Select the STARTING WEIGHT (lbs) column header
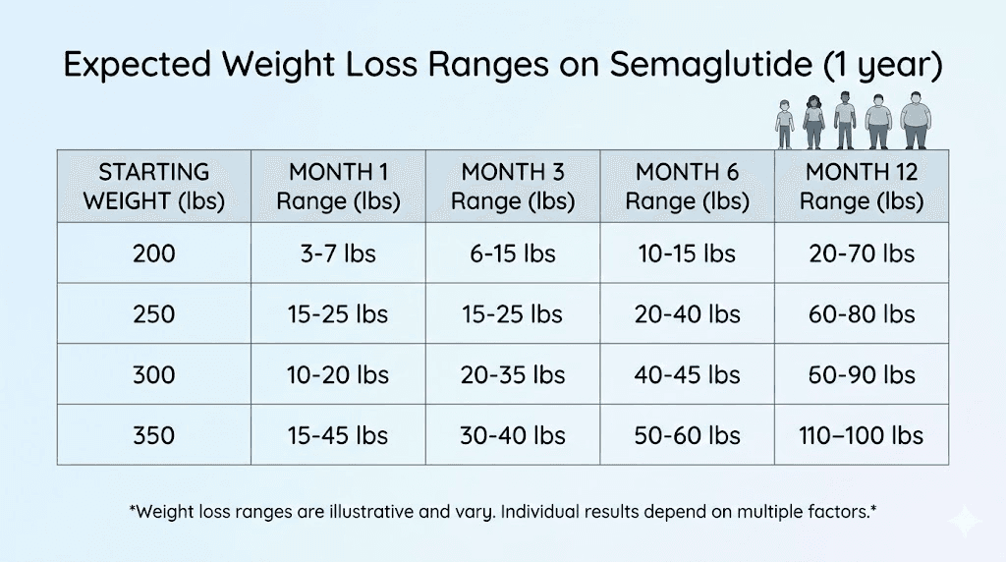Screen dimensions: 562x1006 click(154, 187)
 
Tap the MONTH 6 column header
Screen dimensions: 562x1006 click(687, 187)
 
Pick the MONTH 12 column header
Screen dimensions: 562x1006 click(862, 187)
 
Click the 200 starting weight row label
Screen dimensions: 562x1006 click(154, 253)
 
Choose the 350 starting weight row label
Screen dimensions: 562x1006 click(154, 435)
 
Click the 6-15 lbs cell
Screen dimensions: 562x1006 click(513, 253)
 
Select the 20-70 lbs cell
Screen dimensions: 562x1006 click(862, 253)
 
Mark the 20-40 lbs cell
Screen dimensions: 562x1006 click(687, 314)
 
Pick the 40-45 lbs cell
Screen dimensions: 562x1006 click(687, 375)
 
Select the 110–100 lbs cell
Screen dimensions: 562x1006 click(862, 435)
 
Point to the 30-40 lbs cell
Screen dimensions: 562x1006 click(513, 435)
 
